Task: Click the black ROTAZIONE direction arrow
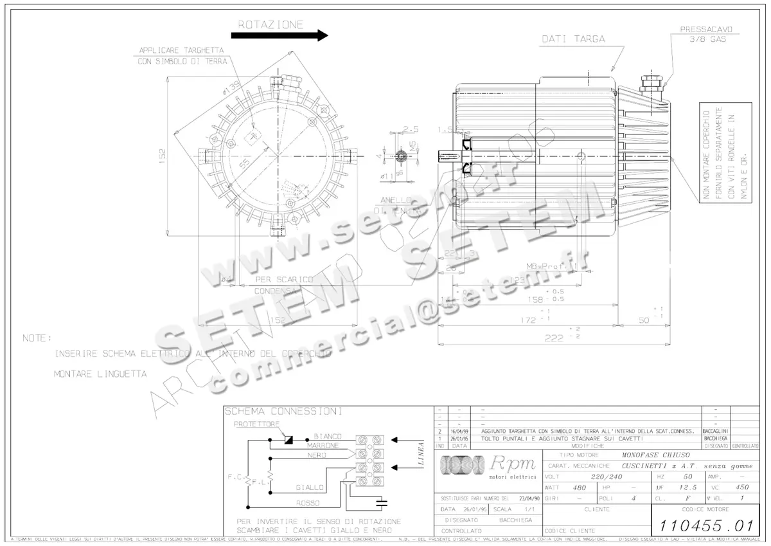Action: coord(279,36)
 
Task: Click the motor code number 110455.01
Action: coord(705,525)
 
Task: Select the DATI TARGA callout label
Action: coord(573,39)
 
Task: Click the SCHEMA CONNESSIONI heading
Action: coord(283,412)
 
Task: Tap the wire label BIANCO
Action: coord(328,437)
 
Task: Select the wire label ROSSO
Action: coord(307,503)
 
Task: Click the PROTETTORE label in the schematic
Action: coord(256,424)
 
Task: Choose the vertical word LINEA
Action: coord(421,453)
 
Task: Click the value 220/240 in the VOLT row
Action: coord(606,477)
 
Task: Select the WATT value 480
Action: coord(580,487)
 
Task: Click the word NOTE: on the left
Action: coord(36,338)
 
